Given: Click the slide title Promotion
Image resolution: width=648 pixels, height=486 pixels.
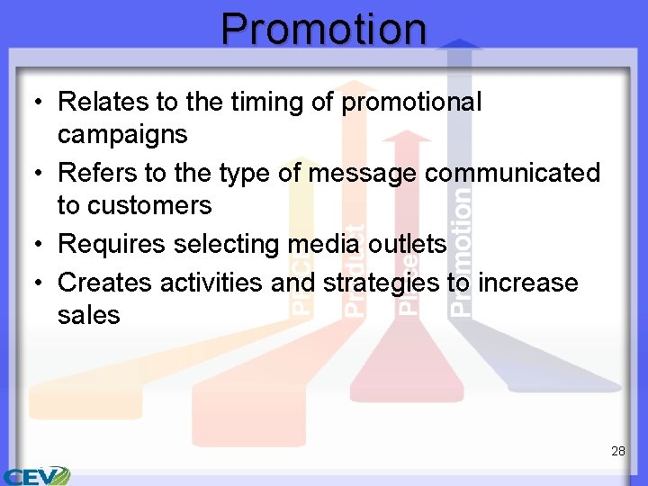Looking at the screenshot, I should [x=324, y=28].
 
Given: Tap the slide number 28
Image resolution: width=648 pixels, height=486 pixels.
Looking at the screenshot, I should [x=617, y=451].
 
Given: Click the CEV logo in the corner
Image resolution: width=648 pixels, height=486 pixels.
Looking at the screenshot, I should [x=36, y=475].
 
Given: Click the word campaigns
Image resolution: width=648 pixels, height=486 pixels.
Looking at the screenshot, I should [x=122, y=135].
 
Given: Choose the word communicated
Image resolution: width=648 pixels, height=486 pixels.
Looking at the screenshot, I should [x=511, y=173].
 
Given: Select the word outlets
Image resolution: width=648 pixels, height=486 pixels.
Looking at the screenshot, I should [x=413, y=244].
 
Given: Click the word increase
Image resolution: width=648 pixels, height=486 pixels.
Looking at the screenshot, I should [x=527, y=283].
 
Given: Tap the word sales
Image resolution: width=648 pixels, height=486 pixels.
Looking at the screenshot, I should [x=88, y=315].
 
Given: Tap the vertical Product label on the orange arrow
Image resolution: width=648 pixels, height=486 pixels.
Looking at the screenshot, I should [x=356, y=270].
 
